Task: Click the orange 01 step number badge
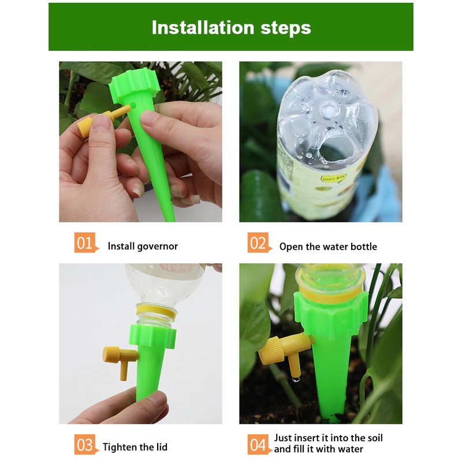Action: coord(84,243)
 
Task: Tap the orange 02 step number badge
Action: coord(258,243)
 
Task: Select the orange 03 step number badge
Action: coord(84,445)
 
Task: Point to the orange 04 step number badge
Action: coord(258,445)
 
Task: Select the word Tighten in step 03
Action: coord(119,448)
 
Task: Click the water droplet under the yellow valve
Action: coord(296,379)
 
